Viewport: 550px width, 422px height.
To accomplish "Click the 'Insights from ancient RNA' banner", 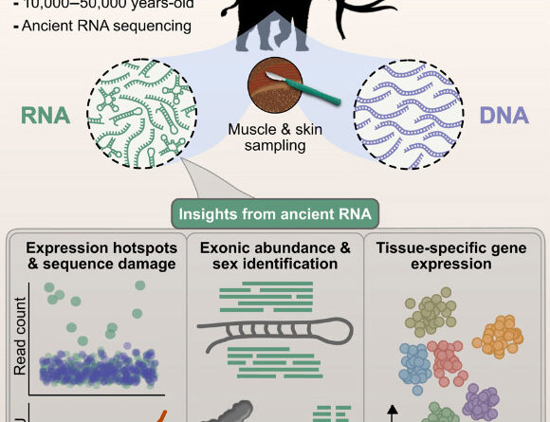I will pyautogui.click(x=273, y=211).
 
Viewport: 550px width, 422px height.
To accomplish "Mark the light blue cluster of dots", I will pyautogui.click(x=414, y=368).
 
